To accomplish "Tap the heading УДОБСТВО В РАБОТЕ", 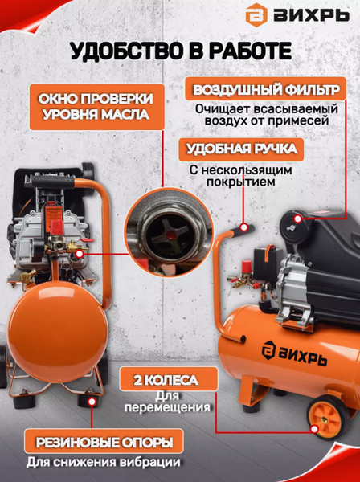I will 180,53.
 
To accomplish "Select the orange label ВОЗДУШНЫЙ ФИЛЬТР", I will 269,88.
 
